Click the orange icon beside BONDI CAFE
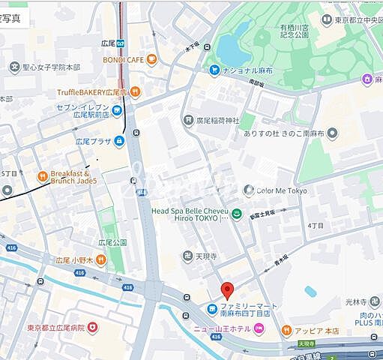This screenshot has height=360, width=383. click(152, 58)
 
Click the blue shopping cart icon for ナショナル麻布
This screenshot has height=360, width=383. click(215, 70)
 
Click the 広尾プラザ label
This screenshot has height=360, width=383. click(93, 140)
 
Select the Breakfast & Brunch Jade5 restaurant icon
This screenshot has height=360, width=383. click(43, 177)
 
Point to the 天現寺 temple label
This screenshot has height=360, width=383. click(196, 256)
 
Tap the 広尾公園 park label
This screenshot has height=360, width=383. click(113, 243)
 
